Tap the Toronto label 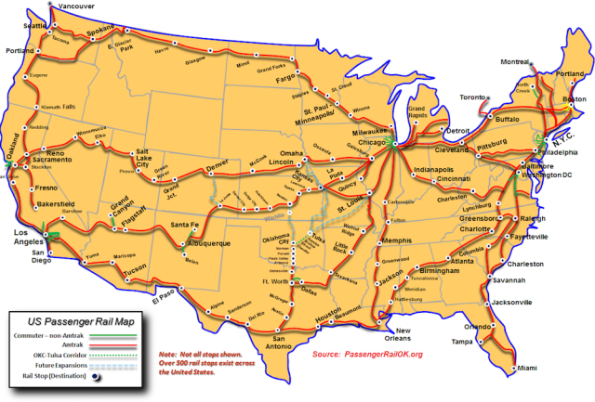[x=472, y=97]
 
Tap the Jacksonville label [x=512, y=302]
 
